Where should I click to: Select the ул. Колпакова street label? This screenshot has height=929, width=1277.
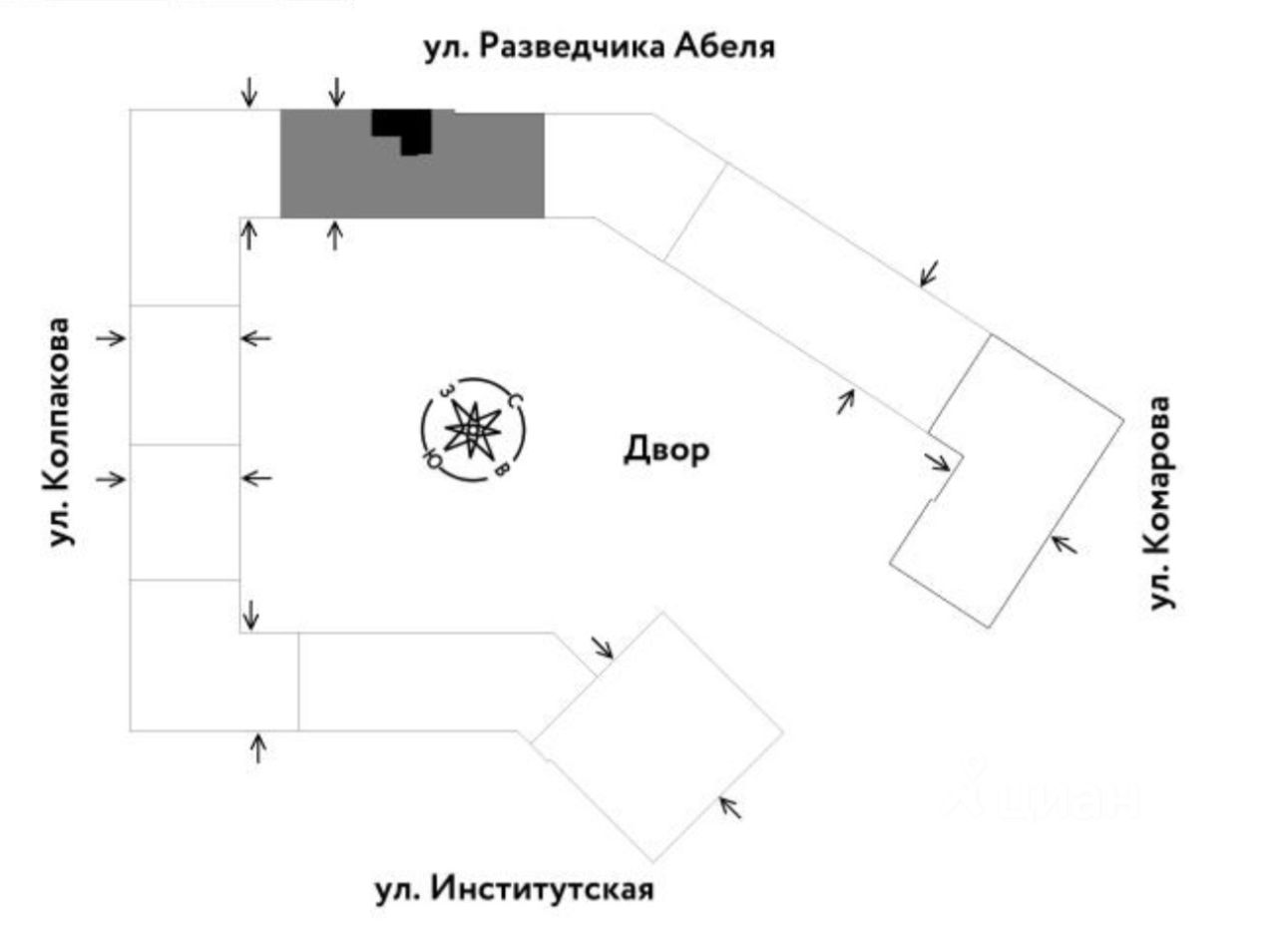click(x=63, y=431)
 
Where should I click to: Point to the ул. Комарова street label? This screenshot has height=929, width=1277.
click(x=1159, y=502)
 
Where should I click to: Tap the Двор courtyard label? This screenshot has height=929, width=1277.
click(x=666, y=450)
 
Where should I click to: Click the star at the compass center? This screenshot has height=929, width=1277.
click(x=473, y=430)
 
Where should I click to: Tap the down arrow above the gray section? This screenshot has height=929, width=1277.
click(x=336, y=92)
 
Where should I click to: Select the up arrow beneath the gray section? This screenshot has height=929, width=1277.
click(x=335, y=235)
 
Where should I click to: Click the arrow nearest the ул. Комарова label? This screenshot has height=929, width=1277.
click(x=1064, y=544)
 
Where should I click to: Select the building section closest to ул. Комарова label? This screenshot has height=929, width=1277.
click(x=1008, y=479)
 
